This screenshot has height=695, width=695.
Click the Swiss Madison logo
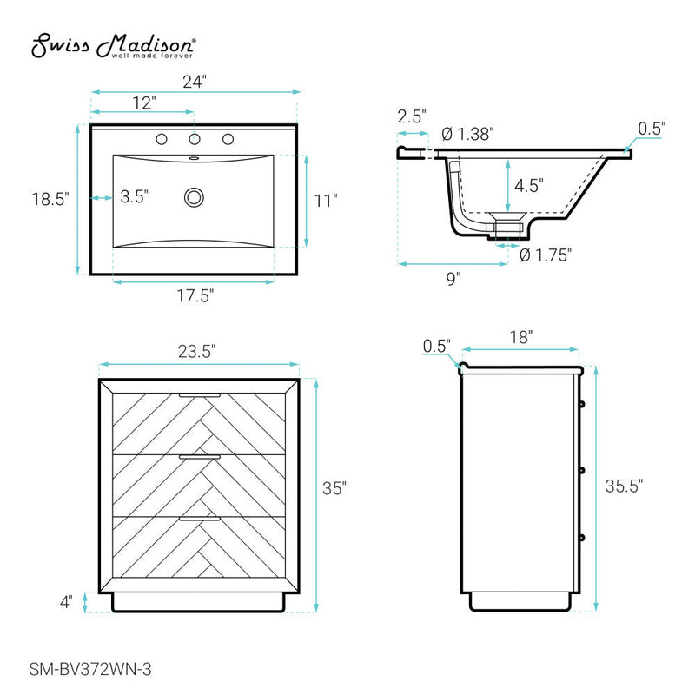pos(113,46)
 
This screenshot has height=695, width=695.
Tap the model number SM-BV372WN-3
pos(90,669)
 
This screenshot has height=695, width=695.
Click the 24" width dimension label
pos(195,82)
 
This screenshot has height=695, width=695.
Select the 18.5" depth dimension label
pos(50,199)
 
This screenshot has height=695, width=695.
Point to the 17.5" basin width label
pos(195,295)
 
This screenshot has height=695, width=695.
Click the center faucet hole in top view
pos(195,139)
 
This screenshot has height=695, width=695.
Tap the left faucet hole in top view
pos(162,139)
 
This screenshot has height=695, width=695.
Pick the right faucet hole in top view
pos(228,139)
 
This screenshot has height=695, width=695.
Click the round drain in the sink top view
pos(194,197)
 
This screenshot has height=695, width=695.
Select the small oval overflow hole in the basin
pos(194,158)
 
